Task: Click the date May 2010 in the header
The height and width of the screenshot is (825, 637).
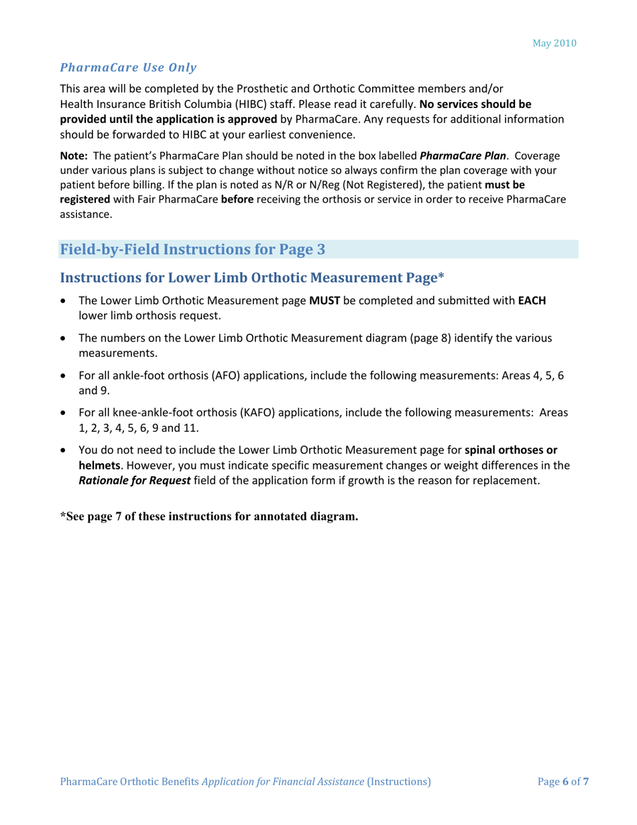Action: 555,43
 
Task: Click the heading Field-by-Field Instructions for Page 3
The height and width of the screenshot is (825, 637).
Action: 193,250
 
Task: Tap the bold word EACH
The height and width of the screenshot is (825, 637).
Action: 532,301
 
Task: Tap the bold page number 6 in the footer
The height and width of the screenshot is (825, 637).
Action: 565,781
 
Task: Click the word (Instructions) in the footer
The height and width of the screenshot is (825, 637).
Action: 399,781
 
